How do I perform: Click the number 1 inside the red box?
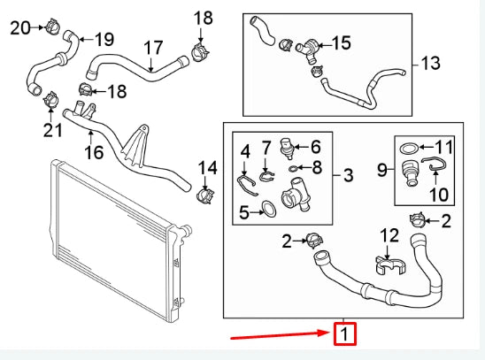344,335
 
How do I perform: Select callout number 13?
429,64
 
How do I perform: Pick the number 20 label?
19,27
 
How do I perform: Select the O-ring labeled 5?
264,210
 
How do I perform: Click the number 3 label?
348,175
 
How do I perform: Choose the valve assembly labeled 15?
311,44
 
